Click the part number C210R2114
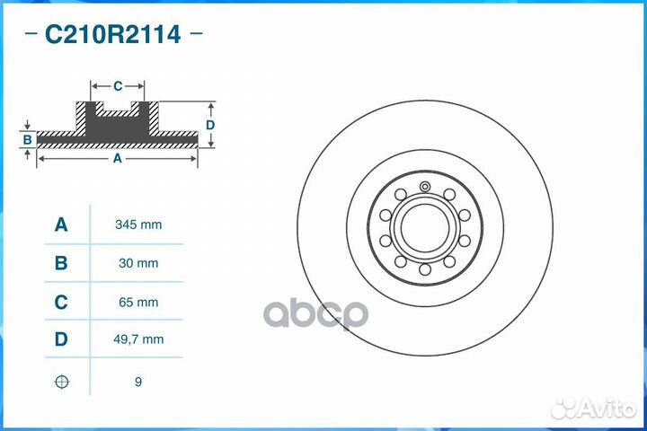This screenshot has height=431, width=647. [x=112, y=35]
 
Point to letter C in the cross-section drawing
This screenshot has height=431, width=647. [x=118, y=86]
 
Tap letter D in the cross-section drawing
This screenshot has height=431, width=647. [x=210, y=125]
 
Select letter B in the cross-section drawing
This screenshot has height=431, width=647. [x=28, y=139]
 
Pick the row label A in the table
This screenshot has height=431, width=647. [x=61, y=224]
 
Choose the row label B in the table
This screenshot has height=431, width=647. [x=61, y=263]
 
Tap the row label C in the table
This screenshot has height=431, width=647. [x=61, y=303]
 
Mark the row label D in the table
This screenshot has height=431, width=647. [x=61, y=339]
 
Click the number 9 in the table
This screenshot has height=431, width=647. [x=137, y=382]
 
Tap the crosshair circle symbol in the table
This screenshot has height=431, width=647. [x=61, y=382]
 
